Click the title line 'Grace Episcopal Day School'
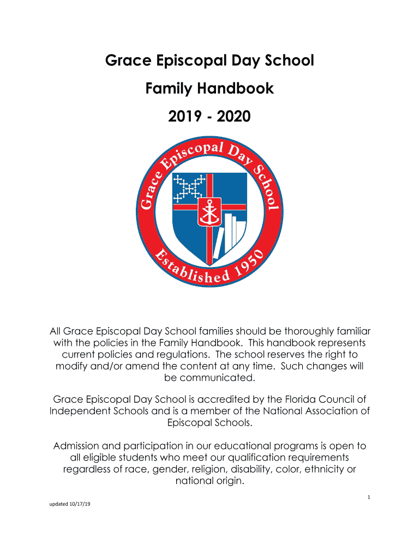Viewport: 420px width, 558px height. click(x=209, y=60)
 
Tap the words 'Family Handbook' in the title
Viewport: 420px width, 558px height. click(x=209, y=88)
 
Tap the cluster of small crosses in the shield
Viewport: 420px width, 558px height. click(x=188, y=189)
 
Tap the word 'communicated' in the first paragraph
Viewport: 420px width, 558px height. click(x=209, y=378)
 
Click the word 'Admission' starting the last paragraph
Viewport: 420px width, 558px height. click(x=77, y=446)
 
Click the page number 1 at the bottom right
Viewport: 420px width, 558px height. click(x=369, y=496)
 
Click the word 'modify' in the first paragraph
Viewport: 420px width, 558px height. click(x=70, y=366)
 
